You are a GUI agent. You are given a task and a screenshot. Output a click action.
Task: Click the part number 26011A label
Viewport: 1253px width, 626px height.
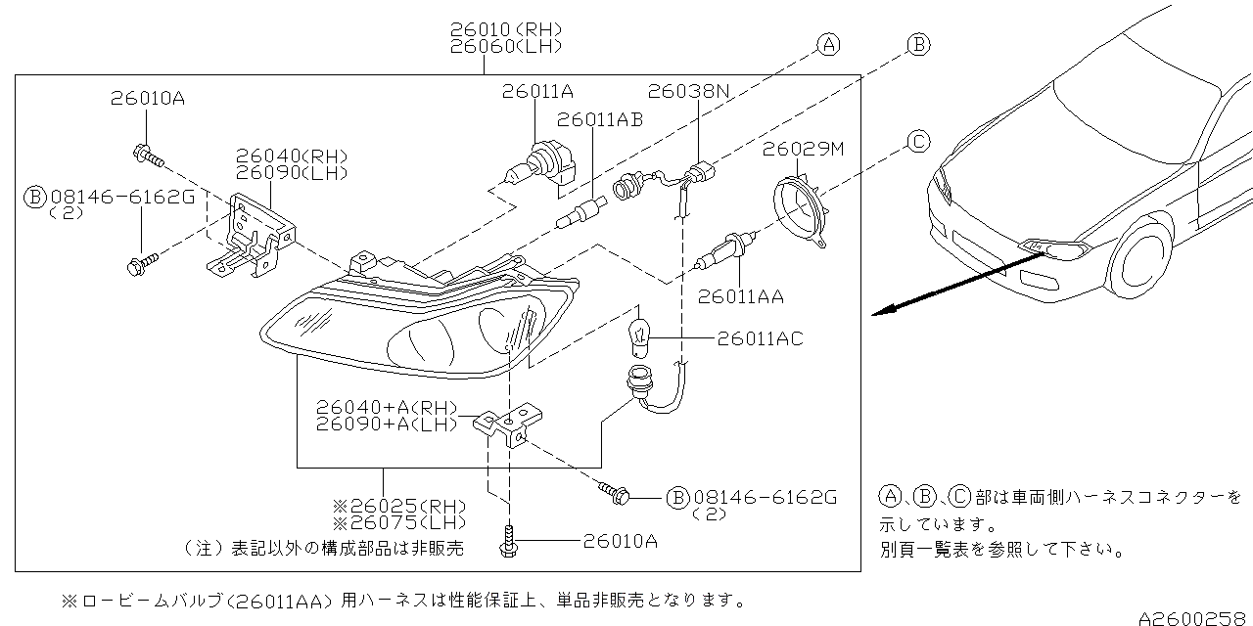537,91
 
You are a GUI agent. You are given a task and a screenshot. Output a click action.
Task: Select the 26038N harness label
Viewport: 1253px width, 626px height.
696,91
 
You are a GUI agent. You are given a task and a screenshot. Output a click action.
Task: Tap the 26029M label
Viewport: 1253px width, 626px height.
804,149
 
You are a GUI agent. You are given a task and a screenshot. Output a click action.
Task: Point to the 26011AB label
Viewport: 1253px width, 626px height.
600,119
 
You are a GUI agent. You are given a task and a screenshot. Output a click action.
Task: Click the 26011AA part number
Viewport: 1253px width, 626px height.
741,295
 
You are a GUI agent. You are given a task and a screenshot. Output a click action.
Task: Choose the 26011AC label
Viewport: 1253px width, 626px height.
760,338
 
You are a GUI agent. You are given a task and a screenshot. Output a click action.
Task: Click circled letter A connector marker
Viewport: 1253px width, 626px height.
828,44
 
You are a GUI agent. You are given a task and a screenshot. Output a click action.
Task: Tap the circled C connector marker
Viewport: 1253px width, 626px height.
918,143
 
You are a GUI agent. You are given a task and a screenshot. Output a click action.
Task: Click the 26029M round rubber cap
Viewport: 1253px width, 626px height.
800,205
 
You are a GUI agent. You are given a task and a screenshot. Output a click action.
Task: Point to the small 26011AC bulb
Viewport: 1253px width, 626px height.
640,335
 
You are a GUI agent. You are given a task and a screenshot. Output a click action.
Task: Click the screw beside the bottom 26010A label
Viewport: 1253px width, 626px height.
509,542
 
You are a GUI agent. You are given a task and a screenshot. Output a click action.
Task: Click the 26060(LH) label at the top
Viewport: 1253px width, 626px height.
506,45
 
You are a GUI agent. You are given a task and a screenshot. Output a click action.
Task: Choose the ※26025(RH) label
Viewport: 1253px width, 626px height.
398,506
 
